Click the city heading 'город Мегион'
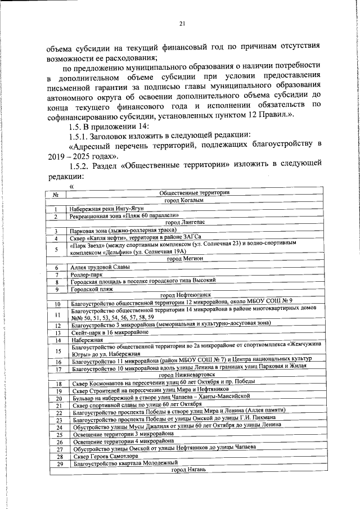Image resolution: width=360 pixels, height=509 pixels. point(188,259)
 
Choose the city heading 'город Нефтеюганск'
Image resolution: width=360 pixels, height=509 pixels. point(187,295)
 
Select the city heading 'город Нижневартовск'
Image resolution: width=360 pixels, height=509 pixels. point(187,374)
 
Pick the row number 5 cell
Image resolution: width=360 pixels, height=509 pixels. point(57,248)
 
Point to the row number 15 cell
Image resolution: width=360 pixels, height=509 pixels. point(57,351)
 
